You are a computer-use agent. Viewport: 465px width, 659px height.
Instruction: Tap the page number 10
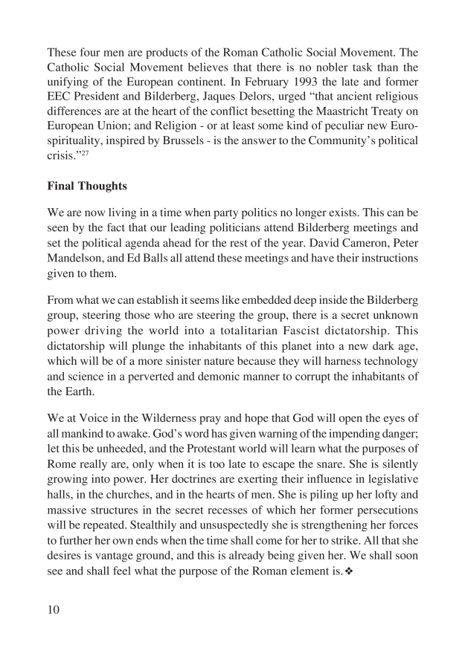click(56, 611)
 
